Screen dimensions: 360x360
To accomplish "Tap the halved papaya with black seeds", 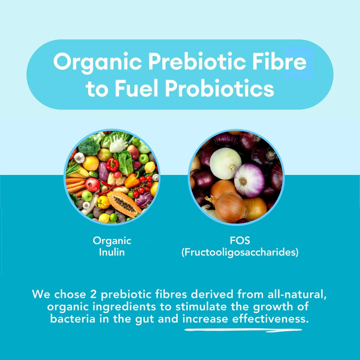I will (124, 203).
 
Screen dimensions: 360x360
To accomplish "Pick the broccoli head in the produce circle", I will (88, 146).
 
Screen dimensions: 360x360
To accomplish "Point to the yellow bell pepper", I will (103, 202).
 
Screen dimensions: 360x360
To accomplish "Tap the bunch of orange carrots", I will (75, 182).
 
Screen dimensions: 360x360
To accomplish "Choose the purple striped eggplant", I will (103, 172).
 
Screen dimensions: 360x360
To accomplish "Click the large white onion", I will (225, 163).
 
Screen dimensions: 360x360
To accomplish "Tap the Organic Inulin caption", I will (112, 246).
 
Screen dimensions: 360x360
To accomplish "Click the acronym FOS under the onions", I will (239, 240).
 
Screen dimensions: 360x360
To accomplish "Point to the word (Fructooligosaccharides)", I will (239, 252).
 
